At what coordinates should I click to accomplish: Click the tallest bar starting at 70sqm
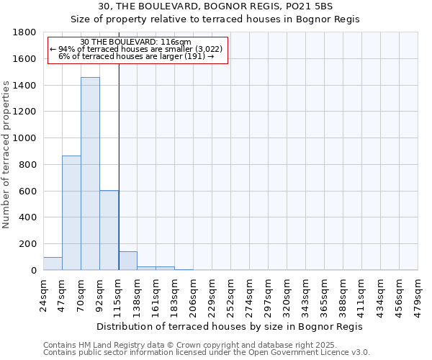pyautogui.click(x=90, y=174)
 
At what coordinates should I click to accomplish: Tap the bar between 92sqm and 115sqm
pyautogui.click(x=109, y=230)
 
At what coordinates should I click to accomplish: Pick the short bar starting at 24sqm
pyautogui.click(x=53, y=264)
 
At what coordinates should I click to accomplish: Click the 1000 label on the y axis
pyautogui.click(x=25, y=138)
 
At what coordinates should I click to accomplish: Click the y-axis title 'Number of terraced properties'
pyautogui.click(x=6, y=155)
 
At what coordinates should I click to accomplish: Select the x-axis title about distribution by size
pyautogui.click(x=230, y=326)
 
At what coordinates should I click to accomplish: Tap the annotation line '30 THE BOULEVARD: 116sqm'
pyautogui.click(x=135, y=42)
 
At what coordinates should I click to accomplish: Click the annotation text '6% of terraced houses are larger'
pyautogui.click(x=135, y=56)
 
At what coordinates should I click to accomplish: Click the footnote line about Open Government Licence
pyautogui.click(x=207, y=353)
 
